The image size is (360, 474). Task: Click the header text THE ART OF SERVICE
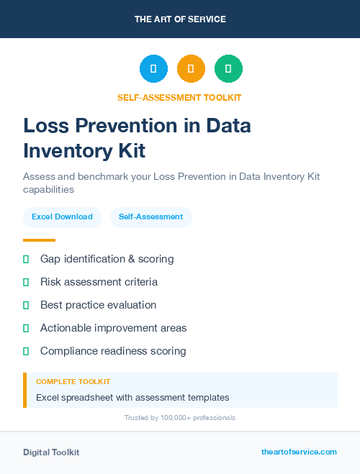tap(180, 19)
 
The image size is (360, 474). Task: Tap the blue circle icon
tap(153, 69)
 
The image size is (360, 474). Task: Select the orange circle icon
tap(191, 69)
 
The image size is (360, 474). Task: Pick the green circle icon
tap(228, 69)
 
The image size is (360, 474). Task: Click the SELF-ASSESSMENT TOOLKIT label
tap(180, 97)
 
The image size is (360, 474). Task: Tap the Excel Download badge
tap(62, 217)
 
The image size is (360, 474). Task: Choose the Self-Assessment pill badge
tap(150, 217)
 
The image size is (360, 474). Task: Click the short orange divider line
tap(39, 240)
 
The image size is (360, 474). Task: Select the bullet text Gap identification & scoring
tap(107, 259)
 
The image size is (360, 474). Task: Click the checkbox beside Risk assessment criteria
tap(26, 282)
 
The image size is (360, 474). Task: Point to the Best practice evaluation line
tap(98, 305)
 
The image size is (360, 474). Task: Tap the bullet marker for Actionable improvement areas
tap(26, 328)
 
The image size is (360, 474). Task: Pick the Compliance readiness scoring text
tap(113, 351)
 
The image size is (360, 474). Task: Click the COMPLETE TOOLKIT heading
tap(73, 381)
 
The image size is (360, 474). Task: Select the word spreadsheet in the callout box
tap(90, 397)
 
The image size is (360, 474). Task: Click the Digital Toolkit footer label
tap(51, 452)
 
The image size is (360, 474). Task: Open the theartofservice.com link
tap(299, 452)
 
